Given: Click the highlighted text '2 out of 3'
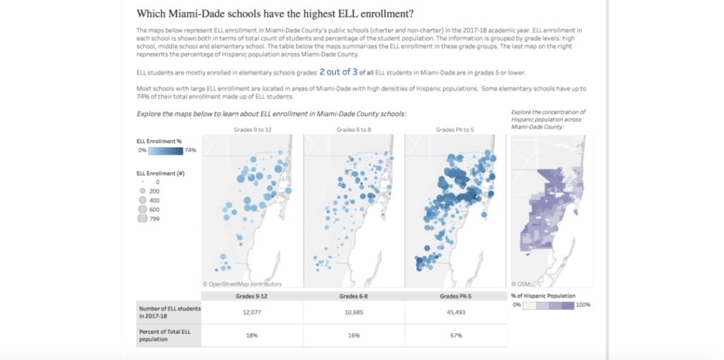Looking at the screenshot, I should [x=337, y=72].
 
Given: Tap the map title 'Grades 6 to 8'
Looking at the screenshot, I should [x=354, y=129].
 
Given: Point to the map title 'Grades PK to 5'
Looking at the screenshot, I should [x=455, y=129].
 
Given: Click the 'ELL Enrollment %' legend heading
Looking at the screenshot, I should [x=159, y=141].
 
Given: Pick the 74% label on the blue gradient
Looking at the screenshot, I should [x=190, y=151].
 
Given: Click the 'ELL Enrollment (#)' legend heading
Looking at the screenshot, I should [x=160, y=173].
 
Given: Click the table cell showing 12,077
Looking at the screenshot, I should [x=252, y=312].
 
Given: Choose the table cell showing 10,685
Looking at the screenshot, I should [x=354, y=312].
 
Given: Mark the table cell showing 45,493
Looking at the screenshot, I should [x=455, y=312].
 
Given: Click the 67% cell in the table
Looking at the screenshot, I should [x=455, y=335].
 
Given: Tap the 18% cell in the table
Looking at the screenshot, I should [x=252, y=335].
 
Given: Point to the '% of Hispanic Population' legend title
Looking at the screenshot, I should [x=542, y=295].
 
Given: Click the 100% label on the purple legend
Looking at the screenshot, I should [x=583, y=305].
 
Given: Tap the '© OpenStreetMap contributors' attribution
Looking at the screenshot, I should [x=242, y=284].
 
